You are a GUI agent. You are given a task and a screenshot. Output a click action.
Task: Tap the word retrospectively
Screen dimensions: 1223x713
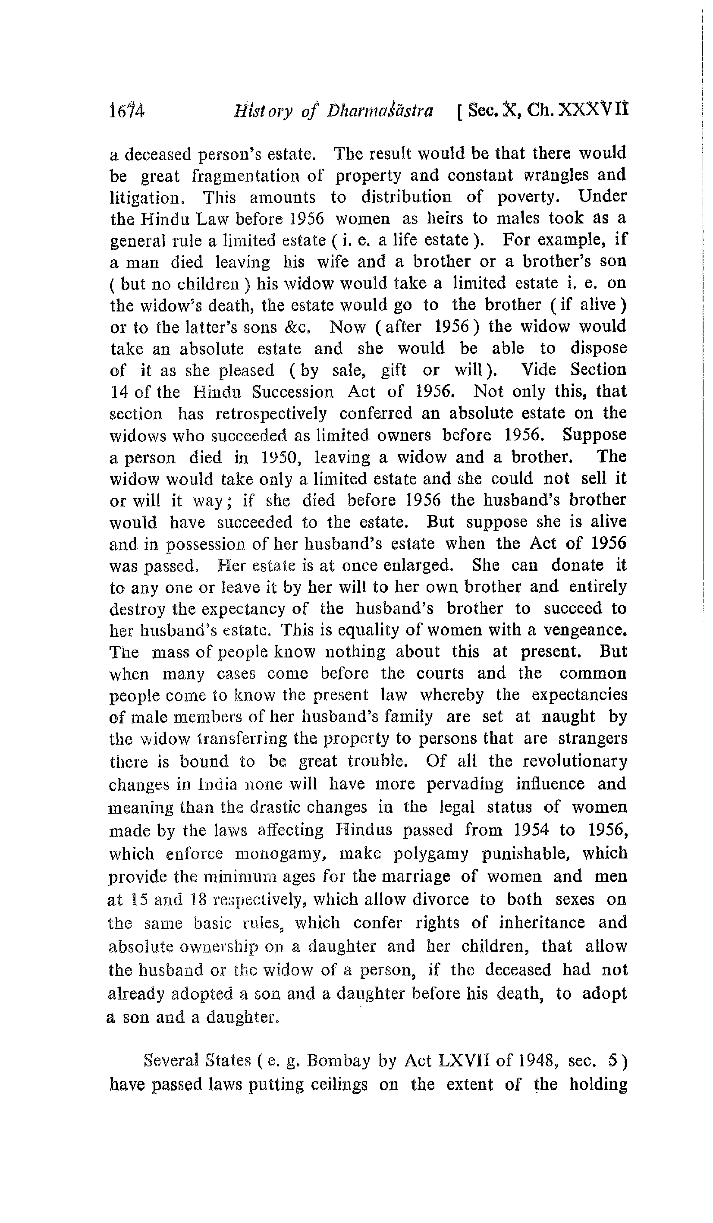tap(271, 413)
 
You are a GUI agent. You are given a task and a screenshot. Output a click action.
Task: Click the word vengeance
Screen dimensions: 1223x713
tap(584, 630)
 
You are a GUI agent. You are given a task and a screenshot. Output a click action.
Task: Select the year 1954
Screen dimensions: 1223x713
tap(531, 830)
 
